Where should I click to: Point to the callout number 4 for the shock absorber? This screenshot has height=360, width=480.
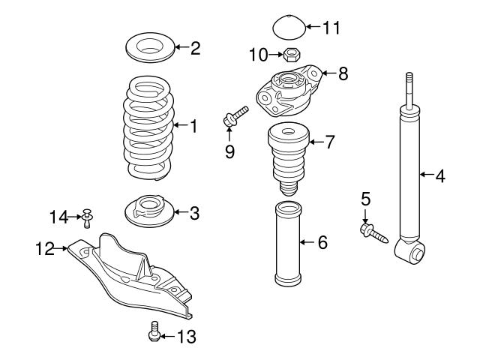pos(440,176)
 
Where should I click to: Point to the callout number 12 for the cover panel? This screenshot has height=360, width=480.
pos(44,247)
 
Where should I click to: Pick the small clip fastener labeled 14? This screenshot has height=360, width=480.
pos(88,218)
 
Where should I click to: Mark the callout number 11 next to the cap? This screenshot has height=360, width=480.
pos(331,28)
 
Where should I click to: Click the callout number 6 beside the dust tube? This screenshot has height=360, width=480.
pos(322,242)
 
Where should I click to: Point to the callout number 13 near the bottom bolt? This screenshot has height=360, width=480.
pos(186,337)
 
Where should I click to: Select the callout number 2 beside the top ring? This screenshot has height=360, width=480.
pos(195,49)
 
